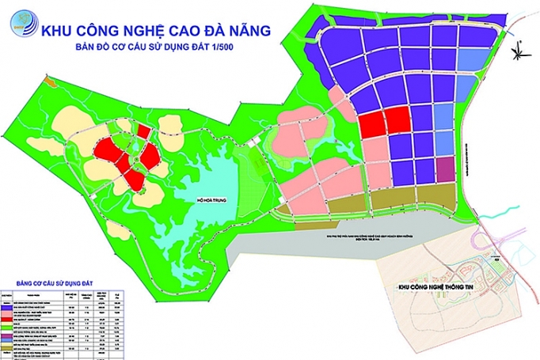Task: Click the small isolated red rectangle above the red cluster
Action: pos(143,130)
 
